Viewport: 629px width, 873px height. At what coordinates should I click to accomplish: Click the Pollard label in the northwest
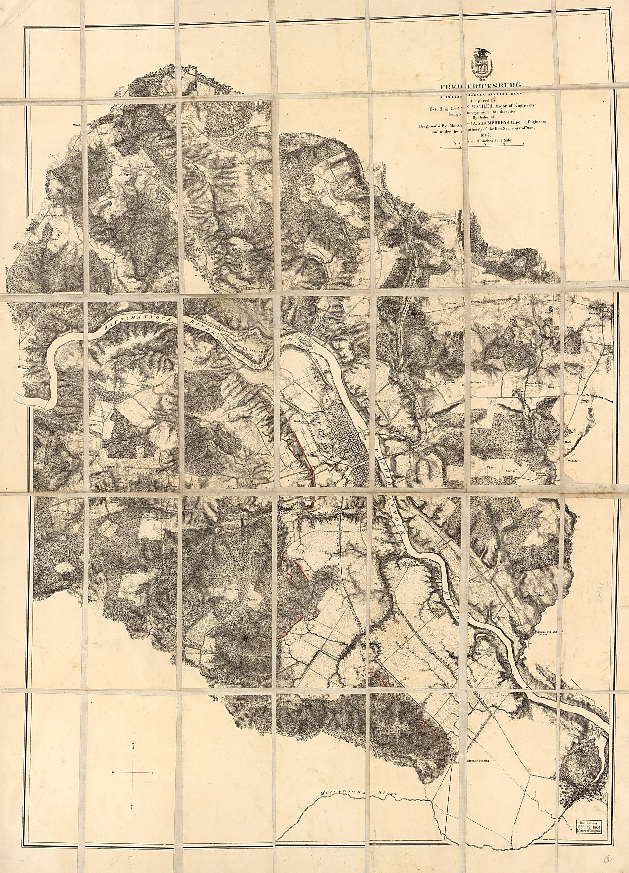(107, 133)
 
